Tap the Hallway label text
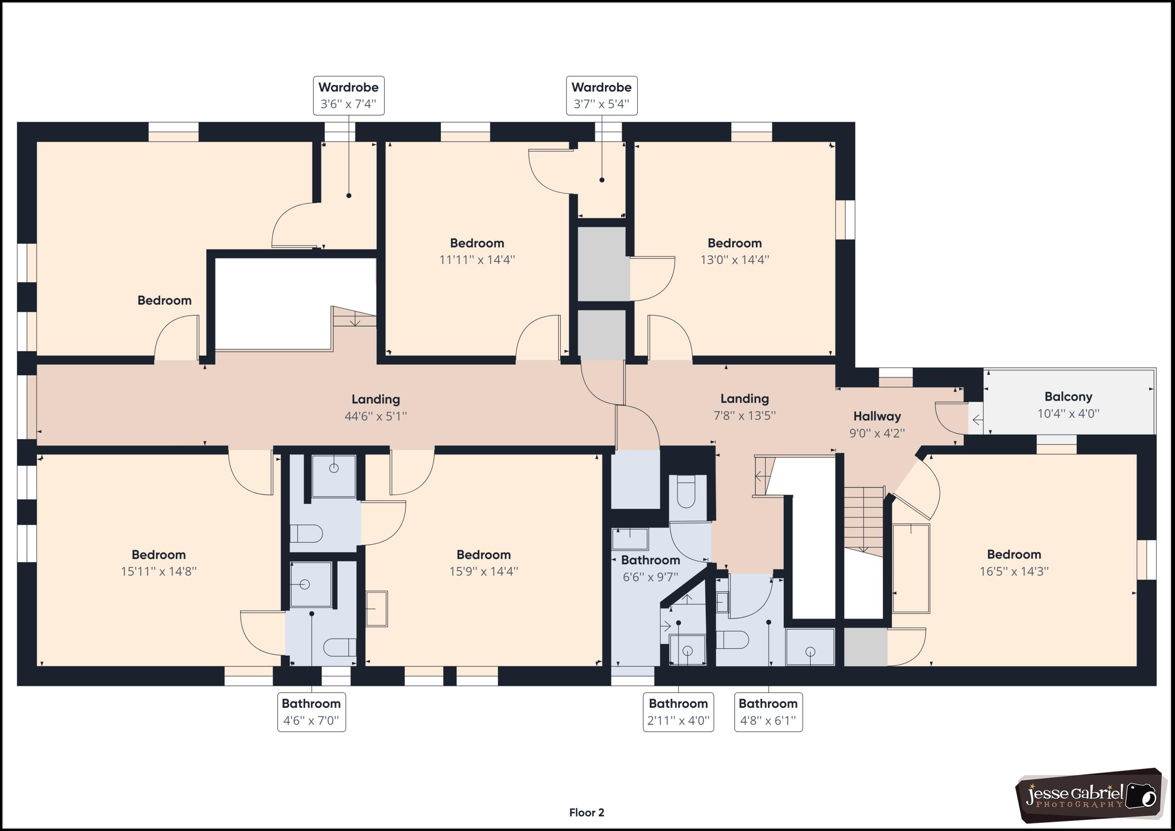877,416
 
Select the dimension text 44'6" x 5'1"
376,416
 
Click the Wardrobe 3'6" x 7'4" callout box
349,96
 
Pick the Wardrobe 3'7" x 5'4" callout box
601,96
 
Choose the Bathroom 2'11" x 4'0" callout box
678,712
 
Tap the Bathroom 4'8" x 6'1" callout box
768,712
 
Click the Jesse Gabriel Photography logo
1090,795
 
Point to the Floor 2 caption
586,813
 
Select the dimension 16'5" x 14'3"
1014,571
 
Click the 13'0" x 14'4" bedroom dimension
734,259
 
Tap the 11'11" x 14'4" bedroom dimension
477,259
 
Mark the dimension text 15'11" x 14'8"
159,571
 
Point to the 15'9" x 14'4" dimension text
484,571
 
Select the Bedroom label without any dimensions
164,300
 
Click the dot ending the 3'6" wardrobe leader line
349,195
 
